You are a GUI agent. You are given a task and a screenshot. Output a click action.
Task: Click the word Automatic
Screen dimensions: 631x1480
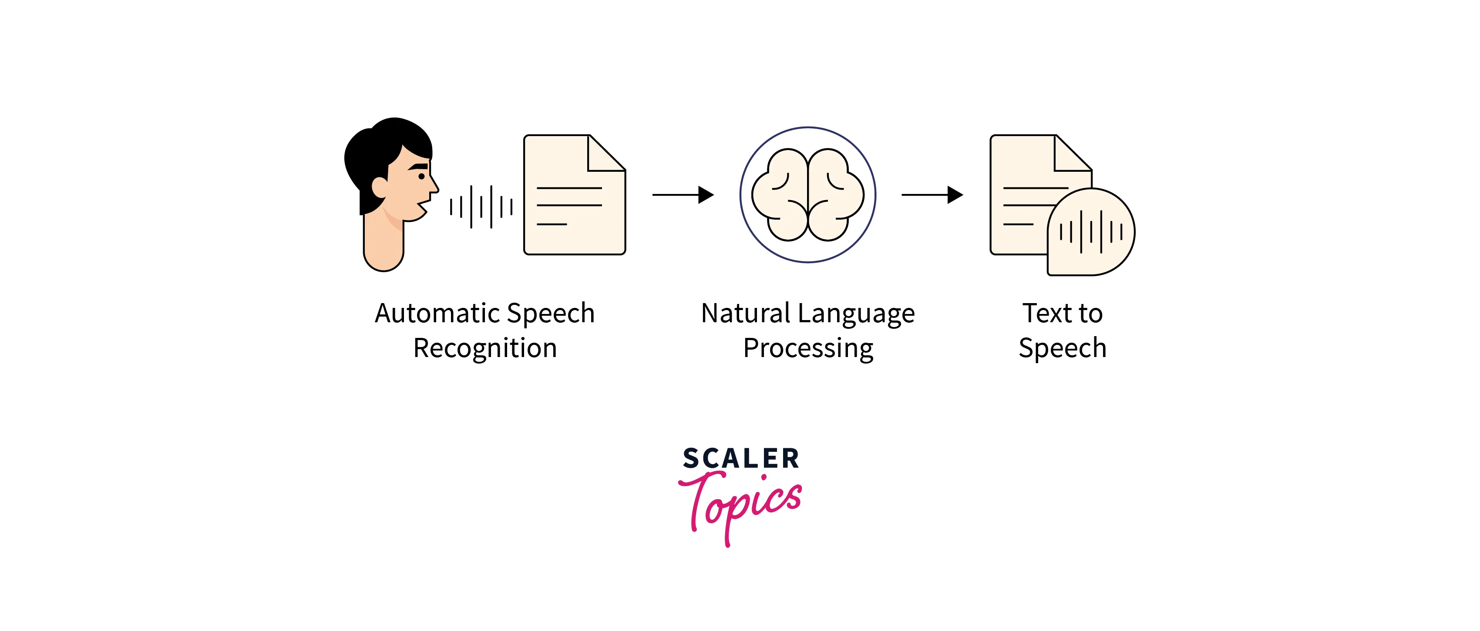437,314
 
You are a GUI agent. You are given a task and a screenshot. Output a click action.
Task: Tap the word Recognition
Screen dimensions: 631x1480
485,348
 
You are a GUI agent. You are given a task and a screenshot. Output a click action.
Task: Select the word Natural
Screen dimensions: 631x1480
746,314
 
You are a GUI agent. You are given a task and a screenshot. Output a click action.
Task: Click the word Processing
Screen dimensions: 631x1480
808,348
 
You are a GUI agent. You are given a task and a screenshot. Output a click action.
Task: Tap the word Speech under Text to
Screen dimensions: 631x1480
1062,348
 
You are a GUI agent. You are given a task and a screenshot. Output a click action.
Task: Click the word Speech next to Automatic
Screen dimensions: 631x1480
550,314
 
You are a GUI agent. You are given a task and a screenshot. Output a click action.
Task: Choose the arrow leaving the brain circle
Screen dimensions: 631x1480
932,195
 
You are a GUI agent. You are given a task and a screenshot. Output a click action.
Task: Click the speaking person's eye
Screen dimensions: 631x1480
421,176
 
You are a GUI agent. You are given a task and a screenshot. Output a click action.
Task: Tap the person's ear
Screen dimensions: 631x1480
380,187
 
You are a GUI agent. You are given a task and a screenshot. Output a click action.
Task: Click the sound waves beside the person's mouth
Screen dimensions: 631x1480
481,207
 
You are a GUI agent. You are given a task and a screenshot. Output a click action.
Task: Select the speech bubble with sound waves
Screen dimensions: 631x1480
1090,232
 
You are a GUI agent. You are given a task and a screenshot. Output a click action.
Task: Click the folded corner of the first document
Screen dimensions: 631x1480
605,154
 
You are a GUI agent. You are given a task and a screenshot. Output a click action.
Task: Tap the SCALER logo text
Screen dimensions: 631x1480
740,459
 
